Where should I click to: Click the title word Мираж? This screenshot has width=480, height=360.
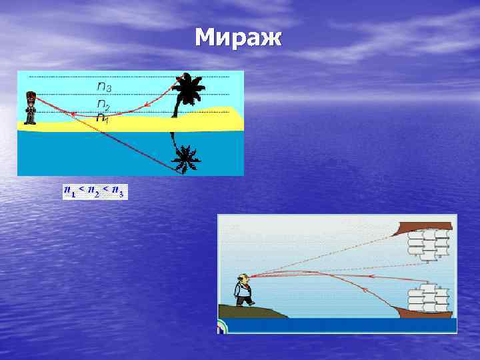[x=239, y=38]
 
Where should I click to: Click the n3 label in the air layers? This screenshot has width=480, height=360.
[x=104, y=86]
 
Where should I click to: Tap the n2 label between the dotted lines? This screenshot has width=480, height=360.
[x=103, y=105]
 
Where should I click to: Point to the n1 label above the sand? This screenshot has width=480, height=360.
[x=101, y=118]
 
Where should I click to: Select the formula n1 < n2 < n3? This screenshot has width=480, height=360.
[x=93, y=192]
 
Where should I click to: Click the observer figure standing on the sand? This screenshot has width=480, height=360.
[x=29, y=107]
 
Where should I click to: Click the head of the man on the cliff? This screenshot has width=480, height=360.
[x=245, y=279]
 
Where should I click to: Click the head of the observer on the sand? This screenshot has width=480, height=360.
[x=29, y=95]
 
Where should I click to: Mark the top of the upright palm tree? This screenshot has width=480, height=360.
[x=189, y=79]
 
